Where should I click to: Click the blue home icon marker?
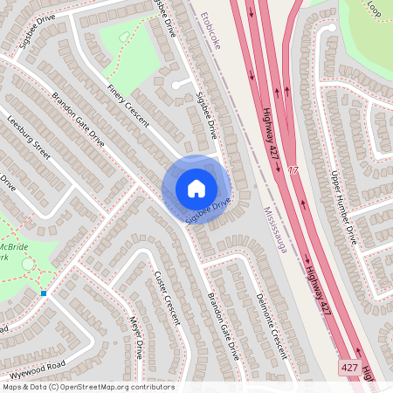tap(196, 188)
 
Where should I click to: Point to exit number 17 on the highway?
tap(293, 169)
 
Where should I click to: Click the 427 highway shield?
tap(350, 369)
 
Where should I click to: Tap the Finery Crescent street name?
tap(128, 106)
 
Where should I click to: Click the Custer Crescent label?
tap(166, 298)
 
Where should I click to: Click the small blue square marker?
tap(44, 293)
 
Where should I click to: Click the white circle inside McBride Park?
tap(28, 263)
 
